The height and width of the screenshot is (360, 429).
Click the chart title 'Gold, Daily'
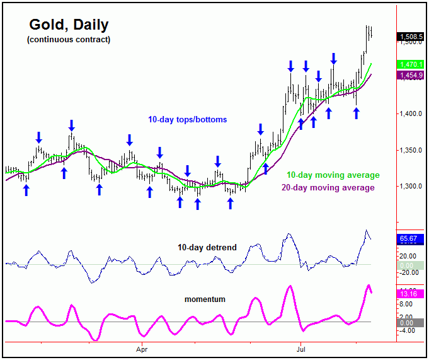(x=69, y=25)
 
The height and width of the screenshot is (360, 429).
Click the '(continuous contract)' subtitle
(x=68, y=40)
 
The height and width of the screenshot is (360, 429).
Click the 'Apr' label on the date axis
(x=141, y=348)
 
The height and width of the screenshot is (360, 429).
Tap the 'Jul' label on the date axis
(x=301, y=348)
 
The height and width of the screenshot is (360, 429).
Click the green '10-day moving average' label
(x=333, y=175)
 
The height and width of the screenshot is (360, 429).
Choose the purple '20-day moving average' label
(x=328, y=187)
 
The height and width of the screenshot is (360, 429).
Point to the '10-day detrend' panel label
(x=208, y=248)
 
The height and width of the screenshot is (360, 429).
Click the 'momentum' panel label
(x=204, y=298)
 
